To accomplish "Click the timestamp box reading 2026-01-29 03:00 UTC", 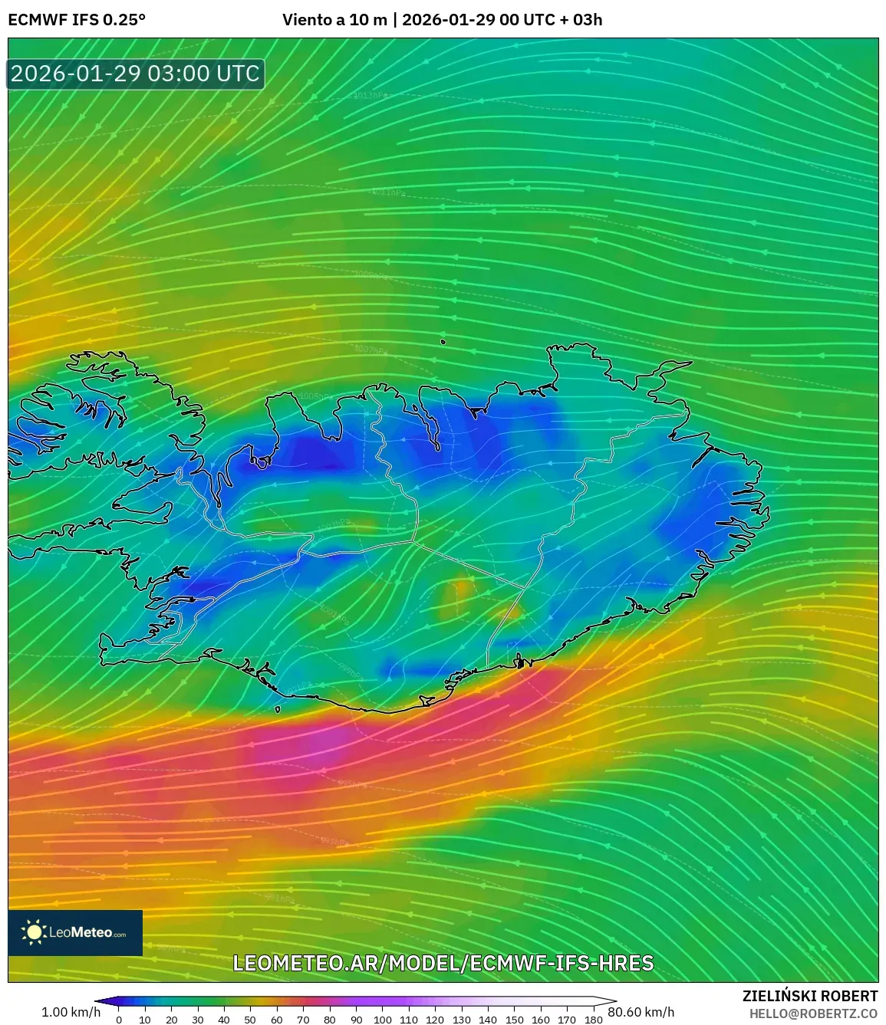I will tap(136, 74).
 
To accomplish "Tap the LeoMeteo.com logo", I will tap(75, 932).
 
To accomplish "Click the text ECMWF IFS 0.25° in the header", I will tap(77, 20).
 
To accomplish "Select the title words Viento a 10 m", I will tap(334, 20).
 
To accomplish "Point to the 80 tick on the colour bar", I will tap(330, 1019).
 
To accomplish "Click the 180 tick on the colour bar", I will tap(593, 1019).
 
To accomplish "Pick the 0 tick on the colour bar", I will tap(119, 1019).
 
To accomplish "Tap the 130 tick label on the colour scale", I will tap(462, 1019).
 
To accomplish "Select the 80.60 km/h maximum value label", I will tap(641, 1012).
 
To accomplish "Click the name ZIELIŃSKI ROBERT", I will tap(810, 996).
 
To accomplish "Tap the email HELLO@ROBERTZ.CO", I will tap(813, 1014).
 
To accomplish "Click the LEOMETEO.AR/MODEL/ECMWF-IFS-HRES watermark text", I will tap(443, 963).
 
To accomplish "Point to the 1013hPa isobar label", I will tap(371, 95).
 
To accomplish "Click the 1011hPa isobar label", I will tap(388, 192).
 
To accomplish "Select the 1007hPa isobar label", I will tap(371, 350).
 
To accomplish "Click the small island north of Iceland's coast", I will tap(443, 343).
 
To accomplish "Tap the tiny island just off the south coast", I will tap(278, 710).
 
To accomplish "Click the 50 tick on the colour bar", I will tap(251, 1019).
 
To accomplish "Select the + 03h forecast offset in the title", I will tap(581, 20).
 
